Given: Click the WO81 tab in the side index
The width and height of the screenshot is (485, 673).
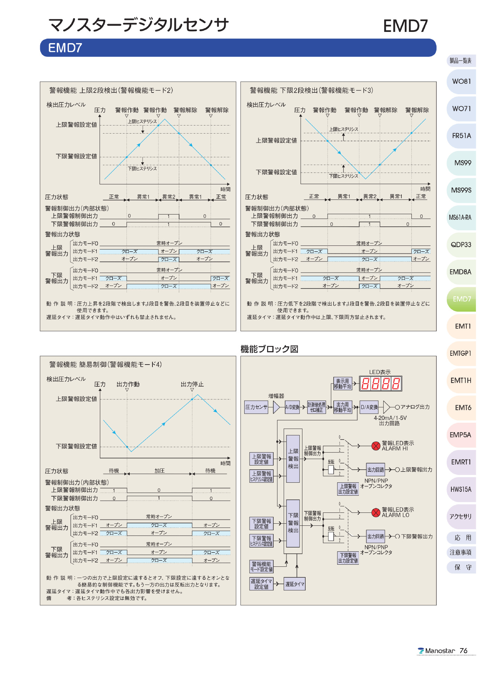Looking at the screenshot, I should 461,81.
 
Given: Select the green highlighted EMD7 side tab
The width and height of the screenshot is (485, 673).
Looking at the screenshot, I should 462,299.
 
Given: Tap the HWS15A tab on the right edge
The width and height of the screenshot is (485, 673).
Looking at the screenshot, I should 461,489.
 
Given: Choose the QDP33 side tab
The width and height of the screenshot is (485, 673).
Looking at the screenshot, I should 461,245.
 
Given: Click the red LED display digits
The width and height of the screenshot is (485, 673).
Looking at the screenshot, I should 380,383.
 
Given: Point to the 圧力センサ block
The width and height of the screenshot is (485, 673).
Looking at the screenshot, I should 256,407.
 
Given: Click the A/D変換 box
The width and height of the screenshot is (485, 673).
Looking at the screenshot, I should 292,407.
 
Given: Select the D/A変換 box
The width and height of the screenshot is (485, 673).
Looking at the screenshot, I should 369,407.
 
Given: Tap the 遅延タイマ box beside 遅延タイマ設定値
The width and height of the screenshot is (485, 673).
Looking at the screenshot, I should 295,584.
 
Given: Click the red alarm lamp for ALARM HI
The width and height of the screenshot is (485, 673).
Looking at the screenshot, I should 376,446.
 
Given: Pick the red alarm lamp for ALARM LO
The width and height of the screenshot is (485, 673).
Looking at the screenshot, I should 376,512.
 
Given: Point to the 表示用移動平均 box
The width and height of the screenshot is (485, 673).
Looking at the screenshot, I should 342,384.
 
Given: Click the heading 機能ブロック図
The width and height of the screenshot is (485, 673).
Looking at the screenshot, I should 269,349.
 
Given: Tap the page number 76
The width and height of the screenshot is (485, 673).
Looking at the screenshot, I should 463,651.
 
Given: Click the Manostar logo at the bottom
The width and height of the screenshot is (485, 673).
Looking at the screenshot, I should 436,651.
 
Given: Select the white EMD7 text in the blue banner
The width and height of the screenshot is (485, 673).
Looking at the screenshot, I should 65,48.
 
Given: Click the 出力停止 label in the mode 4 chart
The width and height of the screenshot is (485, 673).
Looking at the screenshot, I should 192,385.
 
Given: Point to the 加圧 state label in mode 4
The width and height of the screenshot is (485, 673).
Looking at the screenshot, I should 159,471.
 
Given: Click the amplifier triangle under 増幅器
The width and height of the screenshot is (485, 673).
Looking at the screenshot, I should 276,407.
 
